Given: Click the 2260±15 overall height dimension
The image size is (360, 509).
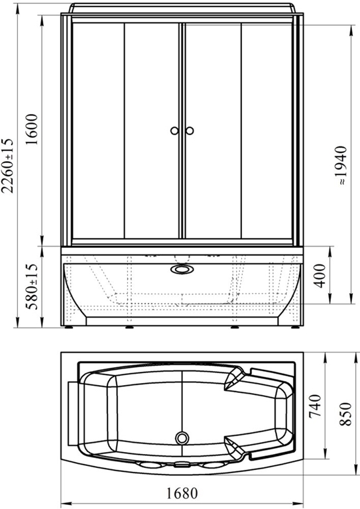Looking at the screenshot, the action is point(8,166).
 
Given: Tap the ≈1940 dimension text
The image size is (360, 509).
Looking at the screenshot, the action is point(342,166).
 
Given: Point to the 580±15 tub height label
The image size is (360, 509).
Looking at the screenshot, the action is point(32,286).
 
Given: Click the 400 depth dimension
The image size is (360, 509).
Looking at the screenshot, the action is point(320,276).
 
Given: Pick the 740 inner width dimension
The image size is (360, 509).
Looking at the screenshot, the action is point(314,406).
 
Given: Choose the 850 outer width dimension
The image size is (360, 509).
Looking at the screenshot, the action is point(345,414).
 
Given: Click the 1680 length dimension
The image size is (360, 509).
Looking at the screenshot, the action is point(182,493).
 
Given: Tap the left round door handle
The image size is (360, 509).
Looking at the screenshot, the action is point(174,131).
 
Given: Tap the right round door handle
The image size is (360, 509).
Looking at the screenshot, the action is point(190,131).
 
